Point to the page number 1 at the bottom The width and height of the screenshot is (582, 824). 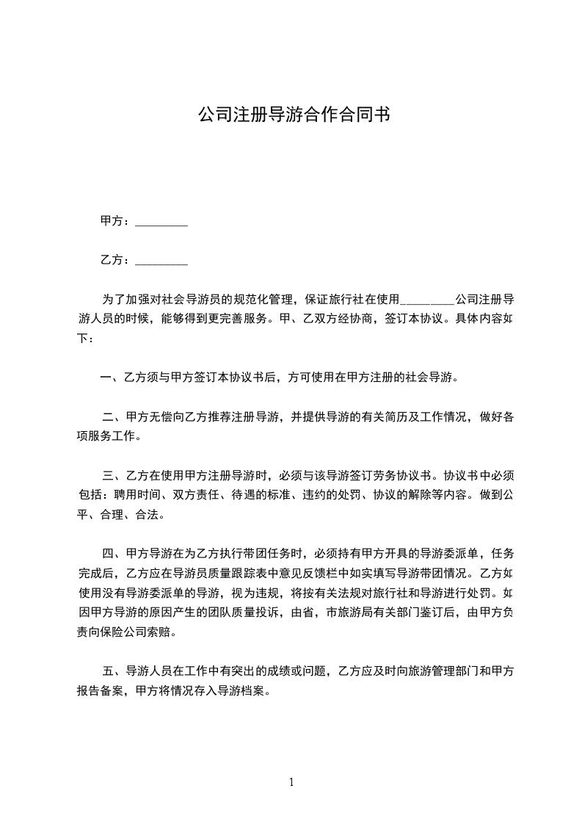[x=291, y=782]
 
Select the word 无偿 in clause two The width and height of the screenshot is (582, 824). [x=162, y=417]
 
